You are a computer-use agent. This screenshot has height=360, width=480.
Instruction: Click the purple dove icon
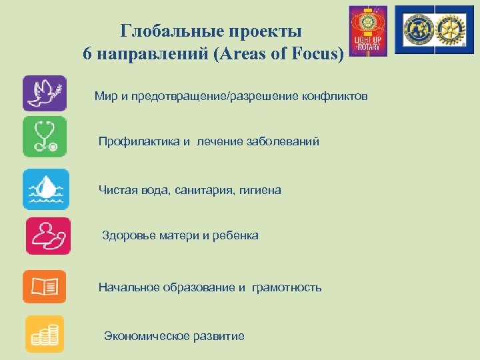pos(44,93)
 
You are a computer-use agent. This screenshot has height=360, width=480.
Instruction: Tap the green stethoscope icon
pos(44,137)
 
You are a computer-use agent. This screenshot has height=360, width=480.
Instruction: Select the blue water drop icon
pos(44,189)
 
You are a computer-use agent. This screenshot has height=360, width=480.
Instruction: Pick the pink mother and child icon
pos(47,235)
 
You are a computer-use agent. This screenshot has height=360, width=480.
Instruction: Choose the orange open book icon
pos(44,287)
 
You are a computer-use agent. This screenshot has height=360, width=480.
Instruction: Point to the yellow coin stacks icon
pos(44,333)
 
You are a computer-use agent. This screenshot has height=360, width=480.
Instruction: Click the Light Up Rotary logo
pos(368,31)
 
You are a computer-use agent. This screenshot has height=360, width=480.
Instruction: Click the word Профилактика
pos(139,141)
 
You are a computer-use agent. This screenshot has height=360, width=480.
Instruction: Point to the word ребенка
pos(236,235)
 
